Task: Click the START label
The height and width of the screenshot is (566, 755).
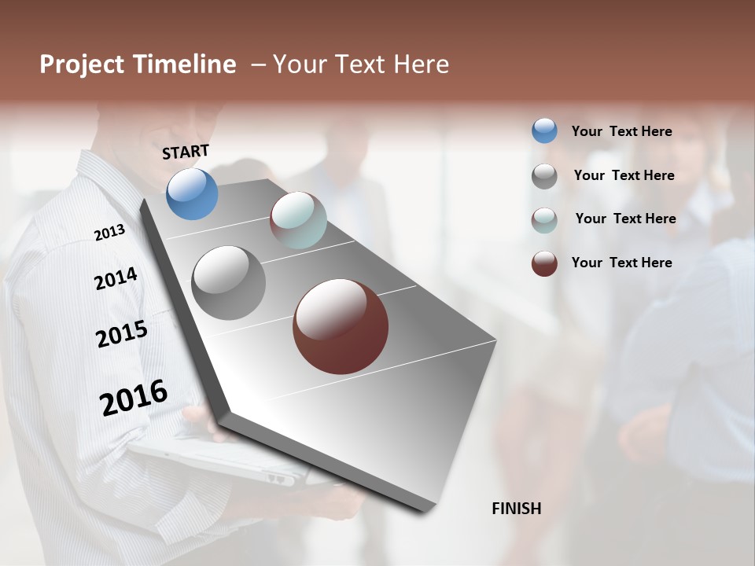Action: (x=186, y=152)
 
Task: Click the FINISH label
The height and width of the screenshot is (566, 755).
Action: (x=516, y=509)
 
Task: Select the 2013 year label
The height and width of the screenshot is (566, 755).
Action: (x=109, y=233)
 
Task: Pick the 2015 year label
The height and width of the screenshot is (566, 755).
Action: (x=122, y=334)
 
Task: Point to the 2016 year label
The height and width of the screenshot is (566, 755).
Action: (x=134, y=398)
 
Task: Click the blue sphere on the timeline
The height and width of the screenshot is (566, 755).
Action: (x=192, y=193)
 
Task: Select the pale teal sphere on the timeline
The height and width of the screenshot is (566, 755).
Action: (x=298, y=220)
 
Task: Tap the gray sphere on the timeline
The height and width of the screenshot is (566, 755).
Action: (x=229, y=282)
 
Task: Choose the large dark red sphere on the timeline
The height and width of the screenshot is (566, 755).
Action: (x=341, y=326)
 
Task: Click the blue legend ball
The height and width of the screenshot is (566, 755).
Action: (x=544, y=130)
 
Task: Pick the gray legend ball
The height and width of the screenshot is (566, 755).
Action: (x=544, y=176)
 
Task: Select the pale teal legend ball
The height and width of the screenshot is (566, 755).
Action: (x=544, y=220)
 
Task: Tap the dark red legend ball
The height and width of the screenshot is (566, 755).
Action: (x=544, y=263)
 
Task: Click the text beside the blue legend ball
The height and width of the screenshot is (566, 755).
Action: (x=621, y=131)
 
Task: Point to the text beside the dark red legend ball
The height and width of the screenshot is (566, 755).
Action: (x=621, y=263)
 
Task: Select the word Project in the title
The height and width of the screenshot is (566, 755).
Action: (x=82, y=64)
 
